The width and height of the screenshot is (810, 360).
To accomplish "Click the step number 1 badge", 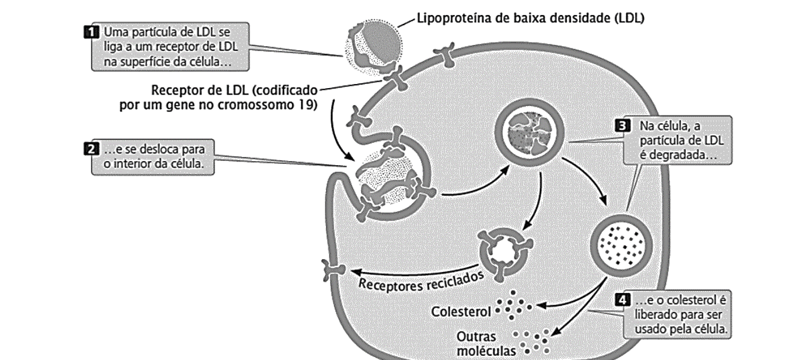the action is point(91,32).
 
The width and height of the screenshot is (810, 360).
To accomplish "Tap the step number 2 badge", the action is point(91,149).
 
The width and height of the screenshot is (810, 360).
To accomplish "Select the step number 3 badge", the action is point(622,126).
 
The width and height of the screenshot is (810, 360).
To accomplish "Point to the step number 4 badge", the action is point(622,300).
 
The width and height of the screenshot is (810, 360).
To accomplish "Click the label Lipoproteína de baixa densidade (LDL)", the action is point(531,18).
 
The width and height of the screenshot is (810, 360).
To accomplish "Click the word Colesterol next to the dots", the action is point(461,312).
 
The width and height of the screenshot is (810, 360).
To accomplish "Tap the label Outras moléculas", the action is point(486,344).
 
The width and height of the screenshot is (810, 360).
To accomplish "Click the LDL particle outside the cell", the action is point(373,47).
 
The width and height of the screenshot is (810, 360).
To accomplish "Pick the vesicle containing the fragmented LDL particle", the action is point(530,134).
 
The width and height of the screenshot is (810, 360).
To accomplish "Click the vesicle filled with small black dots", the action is point(621,246).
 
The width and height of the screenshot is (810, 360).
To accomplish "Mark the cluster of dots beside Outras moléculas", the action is point(531,341).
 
